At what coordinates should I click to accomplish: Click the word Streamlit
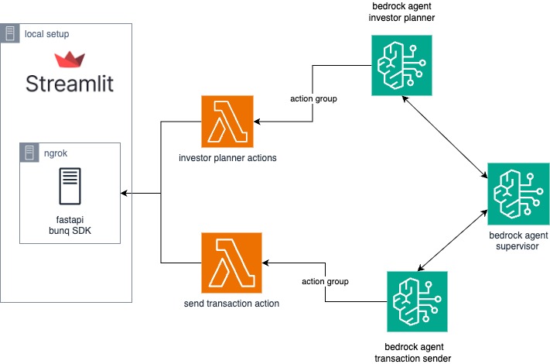pyautogui.click(x=70, y=84)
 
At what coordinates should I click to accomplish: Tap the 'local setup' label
pyautogui.click(x=47, y=33)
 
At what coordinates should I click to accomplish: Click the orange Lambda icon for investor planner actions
pyautogui.click(x=227, y=122)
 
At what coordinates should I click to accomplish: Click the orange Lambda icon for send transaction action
pyautogui.click(x=227, y=263)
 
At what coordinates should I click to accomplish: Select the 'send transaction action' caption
pyautogui.click(x=227, y=303)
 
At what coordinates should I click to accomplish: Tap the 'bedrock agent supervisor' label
pyautogui.click(x=513, y=240)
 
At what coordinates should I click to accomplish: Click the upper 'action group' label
pyautogui.click(x=313, y=99)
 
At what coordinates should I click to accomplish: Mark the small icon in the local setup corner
pyautogui.click(x=12, y=33)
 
